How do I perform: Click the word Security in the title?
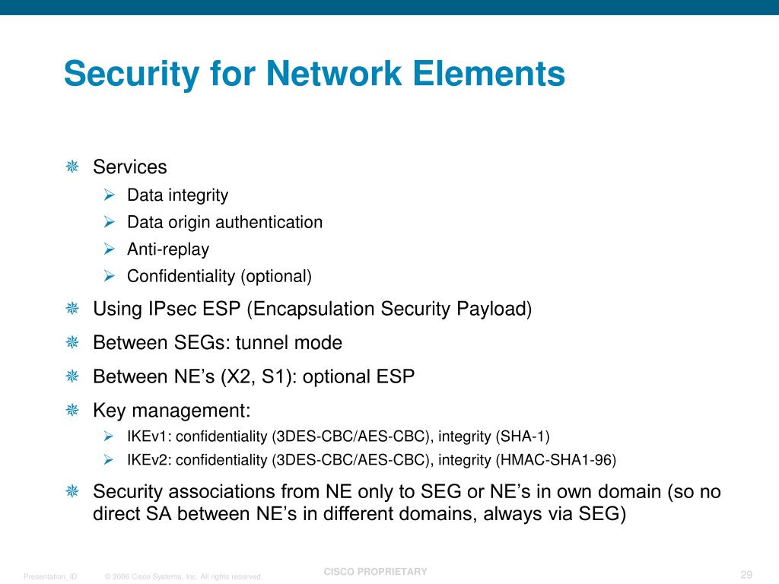coord(118,75)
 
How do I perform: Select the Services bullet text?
coord(129,167)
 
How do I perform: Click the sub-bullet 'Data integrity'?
coord(177,195)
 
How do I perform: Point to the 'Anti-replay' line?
coord(167,249)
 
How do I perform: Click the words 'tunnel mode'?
coord(289,343)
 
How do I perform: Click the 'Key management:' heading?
coord(171,411)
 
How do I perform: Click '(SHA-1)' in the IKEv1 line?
coord(522,436)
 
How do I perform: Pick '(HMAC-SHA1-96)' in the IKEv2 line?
coord(555,460)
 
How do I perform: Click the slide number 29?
coord(746,573)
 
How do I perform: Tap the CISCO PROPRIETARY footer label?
coord(375,572)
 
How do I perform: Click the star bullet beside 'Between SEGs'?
coord(72,343)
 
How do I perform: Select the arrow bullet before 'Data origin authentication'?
coord(110,222)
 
